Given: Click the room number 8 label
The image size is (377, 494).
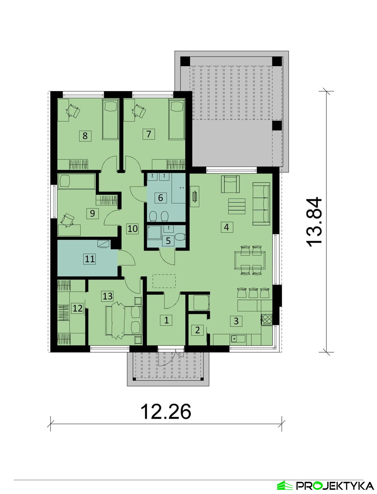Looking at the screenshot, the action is coord(85,136).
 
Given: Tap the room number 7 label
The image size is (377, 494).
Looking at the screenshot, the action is coord(149,134).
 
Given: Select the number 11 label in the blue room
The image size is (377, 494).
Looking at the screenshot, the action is coord(89,259).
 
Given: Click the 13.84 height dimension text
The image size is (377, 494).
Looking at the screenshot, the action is coord(314,222).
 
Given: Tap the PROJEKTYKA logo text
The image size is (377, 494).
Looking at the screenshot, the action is coord(335,486).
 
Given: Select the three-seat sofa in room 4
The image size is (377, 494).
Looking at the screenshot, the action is coord(261,204).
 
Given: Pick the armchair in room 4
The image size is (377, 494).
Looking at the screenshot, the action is coord(230,184).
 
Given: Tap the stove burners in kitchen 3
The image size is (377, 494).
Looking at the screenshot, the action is coord(267,319).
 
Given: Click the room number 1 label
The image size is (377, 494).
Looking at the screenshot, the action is coord(166,320).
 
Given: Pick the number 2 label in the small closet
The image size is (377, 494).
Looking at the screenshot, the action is coord(198,330).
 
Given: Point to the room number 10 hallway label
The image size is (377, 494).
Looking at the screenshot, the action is coord(132,229).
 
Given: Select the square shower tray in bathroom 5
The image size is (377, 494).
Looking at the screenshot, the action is coord(154,232).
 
